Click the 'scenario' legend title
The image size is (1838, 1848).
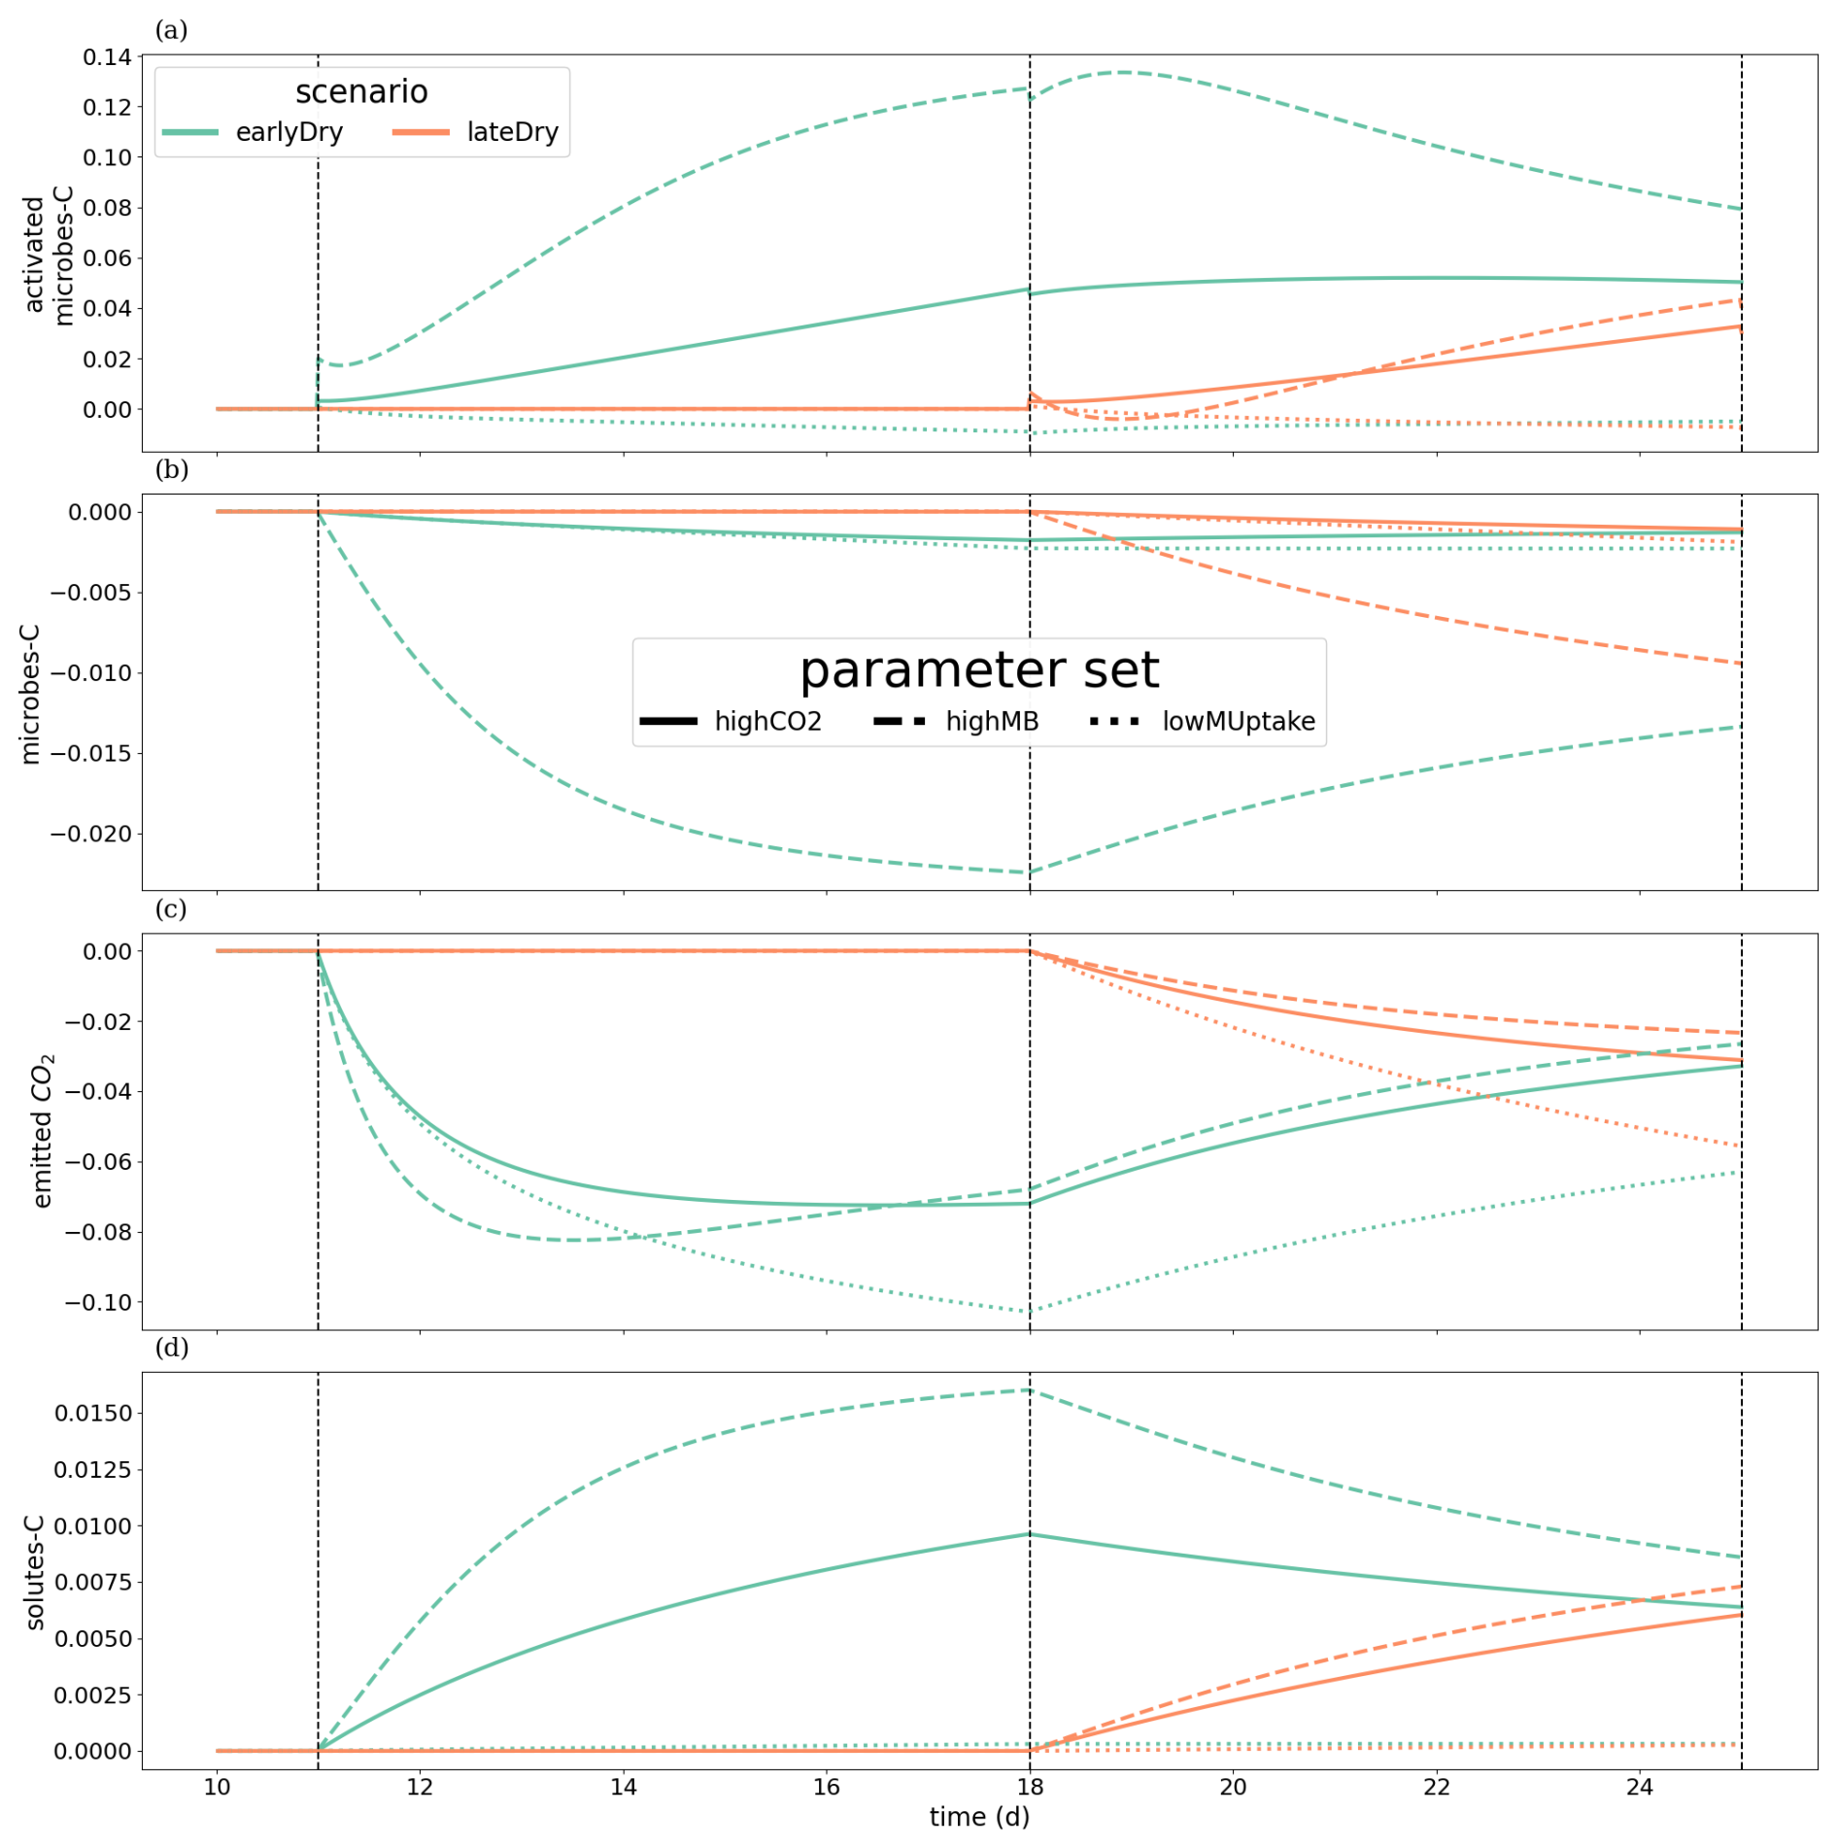point(361,92)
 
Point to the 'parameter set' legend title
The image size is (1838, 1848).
point(979,670)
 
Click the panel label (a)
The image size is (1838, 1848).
point(171,30)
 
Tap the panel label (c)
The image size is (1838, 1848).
point(171,909)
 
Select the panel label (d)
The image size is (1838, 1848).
point(171,1348)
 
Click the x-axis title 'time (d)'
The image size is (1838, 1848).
point(979,1817)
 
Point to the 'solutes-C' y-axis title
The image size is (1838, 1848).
point(35,1572)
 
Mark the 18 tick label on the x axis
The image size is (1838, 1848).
point(1030,1787)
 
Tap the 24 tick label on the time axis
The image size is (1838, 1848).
point(1640,1787)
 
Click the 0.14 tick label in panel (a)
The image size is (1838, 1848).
point(107,57)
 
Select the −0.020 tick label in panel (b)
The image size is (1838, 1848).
point(91,835)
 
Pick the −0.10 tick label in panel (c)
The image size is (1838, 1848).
point(98,1303)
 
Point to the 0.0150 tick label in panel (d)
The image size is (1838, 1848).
point(93,1414)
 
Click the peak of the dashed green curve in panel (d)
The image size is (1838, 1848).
point(1030,1390)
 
